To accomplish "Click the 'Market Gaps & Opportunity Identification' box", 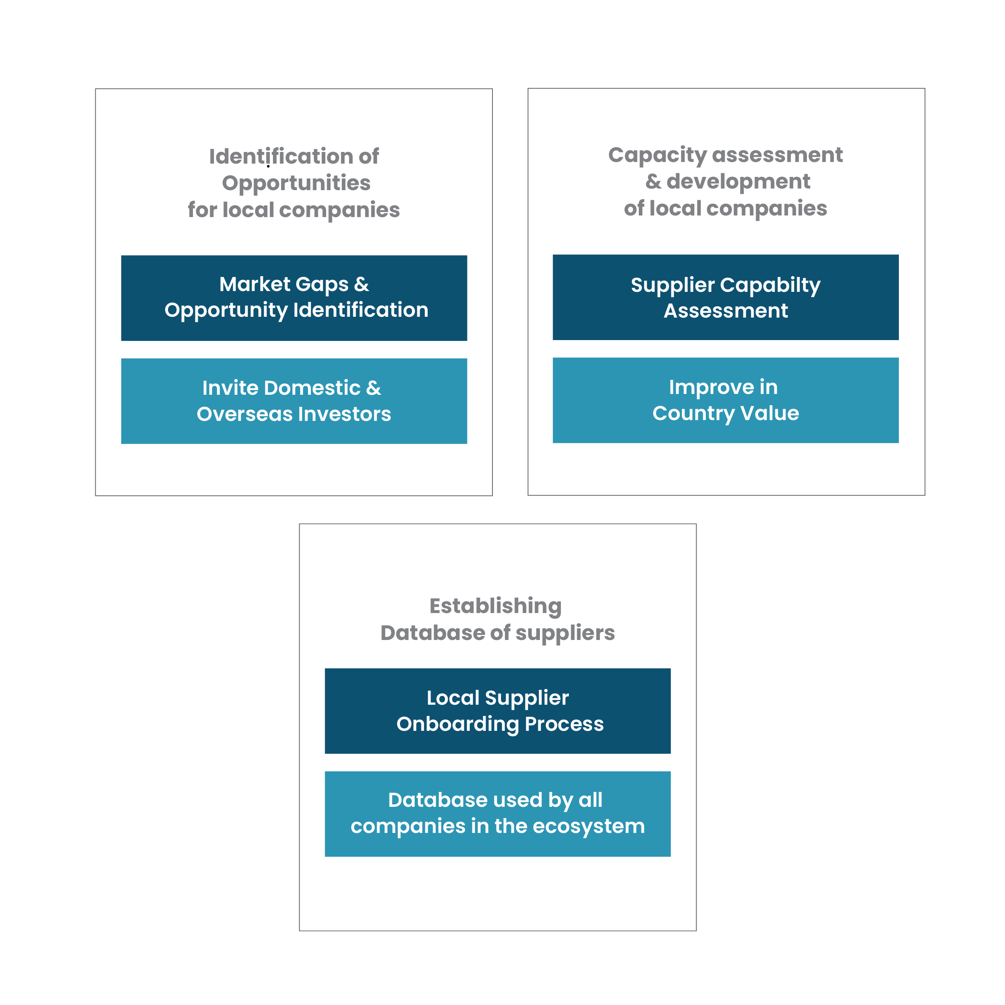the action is click(294, 298).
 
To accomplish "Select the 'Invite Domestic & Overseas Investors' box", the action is click(294, 401).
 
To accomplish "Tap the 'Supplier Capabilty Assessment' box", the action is click(726, 297).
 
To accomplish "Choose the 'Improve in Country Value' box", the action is click(726, 400).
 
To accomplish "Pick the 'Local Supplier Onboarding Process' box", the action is click(498, 711).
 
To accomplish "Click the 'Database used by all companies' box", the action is click(498, 814).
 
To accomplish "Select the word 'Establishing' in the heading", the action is click(496, 607).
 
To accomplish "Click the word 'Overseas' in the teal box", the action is click(244, 414).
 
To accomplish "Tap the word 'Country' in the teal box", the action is click(693, 414).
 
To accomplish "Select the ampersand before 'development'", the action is click(653, 182).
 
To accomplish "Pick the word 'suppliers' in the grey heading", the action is click(565, 634).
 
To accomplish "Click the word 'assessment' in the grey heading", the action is click(778, 155).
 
